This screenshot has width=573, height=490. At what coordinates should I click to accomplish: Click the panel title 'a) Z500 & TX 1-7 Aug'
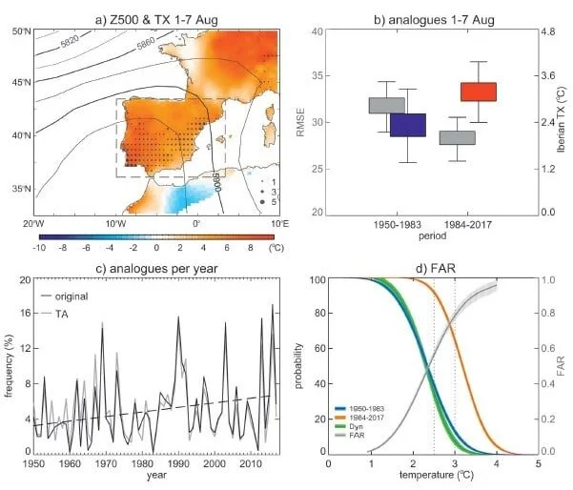click(156, 10)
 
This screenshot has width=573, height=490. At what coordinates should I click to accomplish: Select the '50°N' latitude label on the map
click(19, 32)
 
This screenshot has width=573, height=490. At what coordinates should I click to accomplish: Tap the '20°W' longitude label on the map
click(35, 224)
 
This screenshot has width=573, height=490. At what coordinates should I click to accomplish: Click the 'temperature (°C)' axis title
click(434, 480)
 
